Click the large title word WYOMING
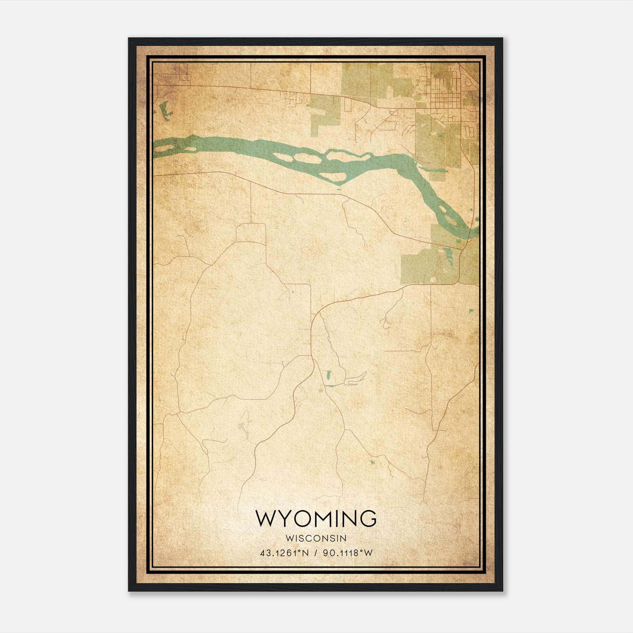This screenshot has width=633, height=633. (316, 518)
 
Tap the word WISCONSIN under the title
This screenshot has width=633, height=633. (316, 538)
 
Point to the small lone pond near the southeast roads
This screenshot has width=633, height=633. (371, 462)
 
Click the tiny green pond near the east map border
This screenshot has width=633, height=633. (472, 311)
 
